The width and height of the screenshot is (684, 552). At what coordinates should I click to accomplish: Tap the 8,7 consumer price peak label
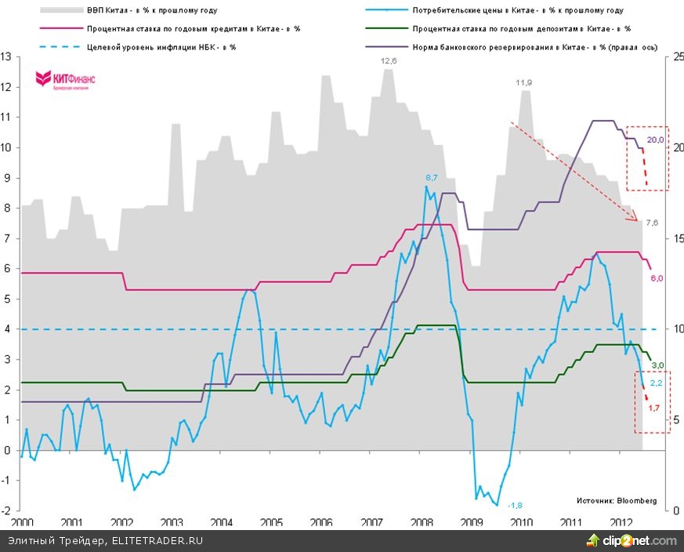coord(432,178)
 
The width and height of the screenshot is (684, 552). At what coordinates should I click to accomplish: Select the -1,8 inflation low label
coord(516,504)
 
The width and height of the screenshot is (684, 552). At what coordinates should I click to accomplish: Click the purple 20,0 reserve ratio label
coord(656,140)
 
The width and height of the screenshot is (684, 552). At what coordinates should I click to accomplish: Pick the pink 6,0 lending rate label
coord(657,278)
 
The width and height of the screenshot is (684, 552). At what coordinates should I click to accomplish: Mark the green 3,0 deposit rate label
coord(658,365)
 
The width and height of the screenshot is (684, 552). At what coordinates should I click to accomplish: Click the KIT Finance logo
coord(63,80)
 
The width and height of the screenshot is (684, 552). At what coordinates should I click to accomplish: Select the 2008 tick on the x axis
coord(423,521)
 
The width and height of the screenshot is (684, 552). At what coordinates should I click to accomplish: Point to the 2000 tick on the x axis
coord(22,521)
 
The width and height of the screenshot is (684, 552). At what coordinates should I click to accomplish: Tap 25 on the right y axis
coord(671,57)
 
